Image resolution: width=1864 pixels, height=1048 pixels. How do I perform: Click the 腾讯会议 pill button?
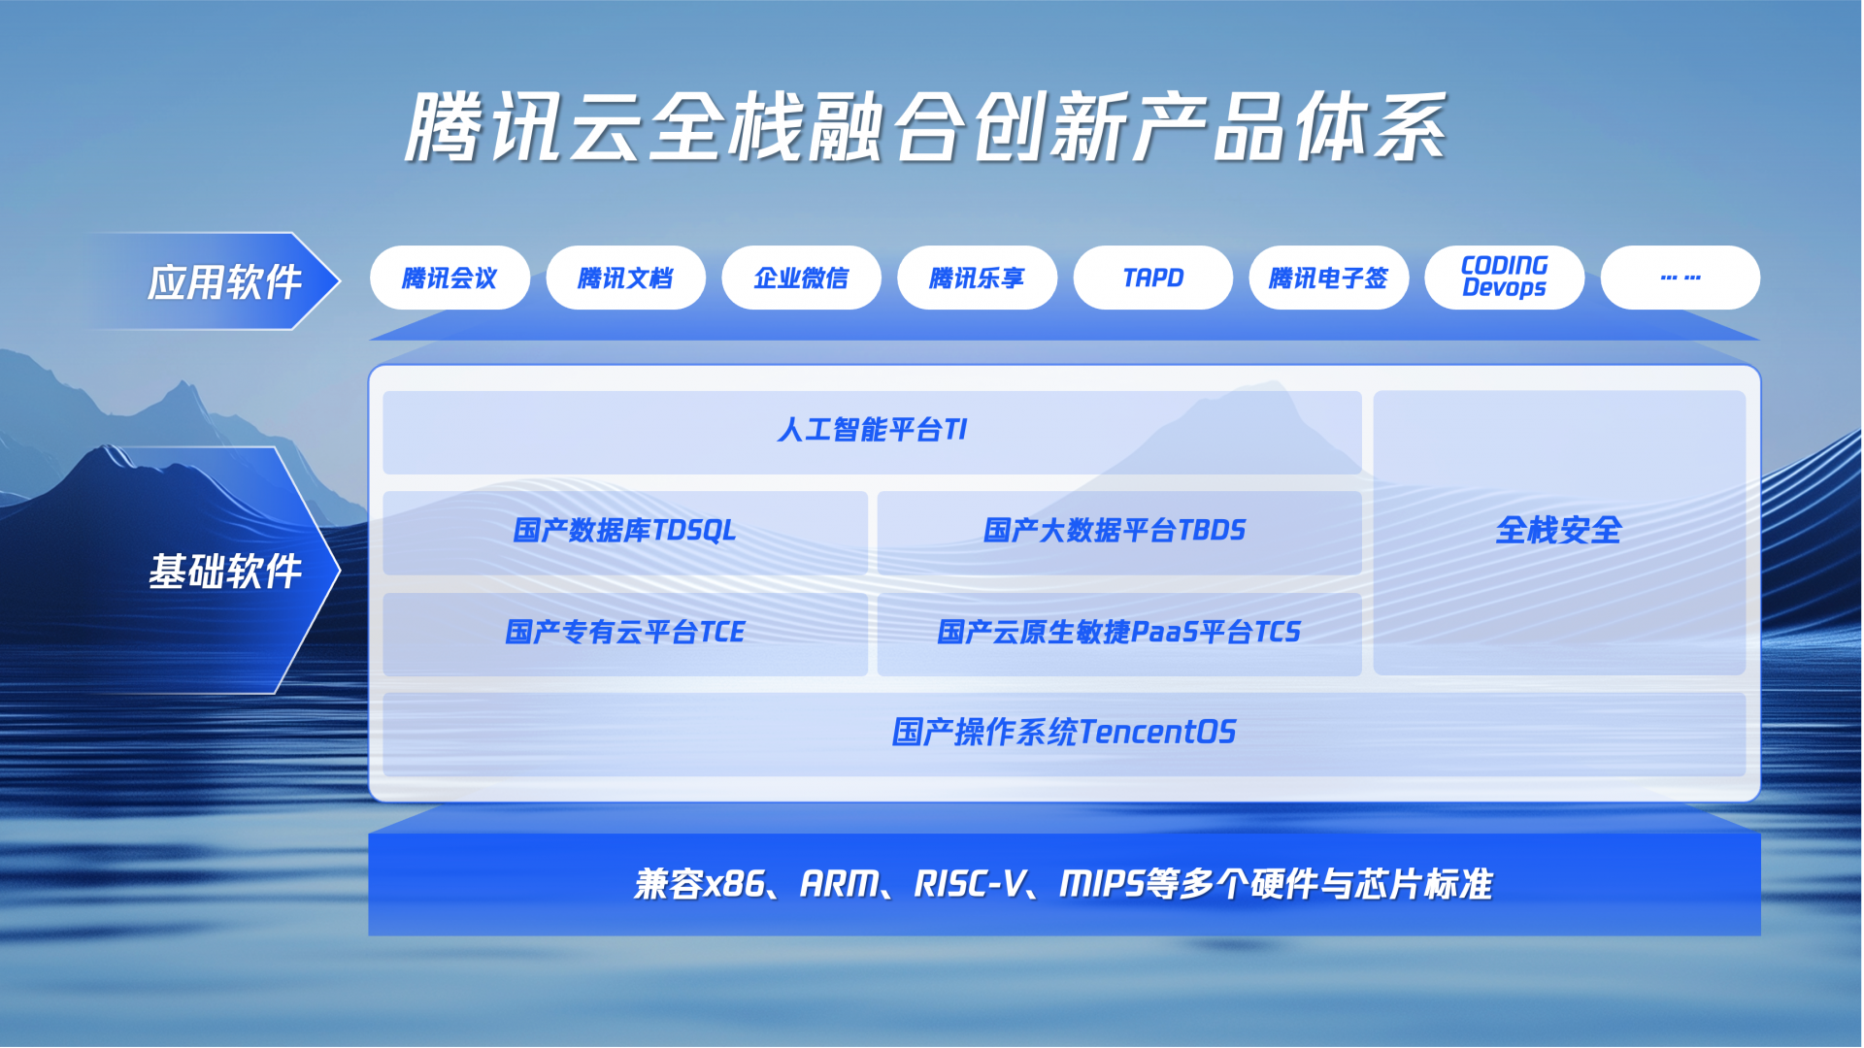(x=449, y=278)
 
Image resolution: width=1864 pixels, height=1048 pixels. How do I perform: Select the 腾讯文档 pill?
(x=625, y=278)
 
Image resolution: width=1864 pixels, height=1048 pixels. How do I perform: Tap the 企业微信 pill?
(x=801, y=278)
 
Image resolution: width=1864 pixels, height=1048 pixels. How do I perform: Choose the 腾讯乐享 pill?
(x=977, y=278)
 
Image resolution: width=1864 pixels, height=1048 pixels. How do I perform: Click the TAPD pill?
(x=1152, y=278)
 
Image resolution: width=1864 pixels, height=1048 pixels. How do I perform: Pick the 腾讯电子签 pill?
(x=1328, y=278)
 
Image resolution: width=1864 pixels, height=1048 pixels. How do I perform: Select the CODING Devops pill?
(x=1504, y=278)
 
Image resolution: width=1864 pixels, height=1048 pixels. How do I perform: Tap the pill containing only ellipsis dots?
(x=1680, y=278)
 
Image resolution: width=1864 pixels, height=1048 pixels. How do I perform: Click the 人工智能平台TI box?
(x=872, y=432)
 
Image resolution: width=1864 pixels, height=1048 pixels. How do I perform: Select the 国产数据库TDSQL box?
(x=625, y=533)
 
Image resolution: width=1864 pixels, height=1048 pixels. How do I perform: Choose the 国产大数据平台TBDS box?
(x=1119, y=533)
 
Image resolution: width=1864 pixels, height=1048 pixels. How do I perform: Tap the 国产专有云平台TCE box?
(x=625, y=634)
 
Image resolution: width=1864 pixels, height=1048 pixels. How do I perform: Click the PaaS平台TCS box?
(x=1119, y=634)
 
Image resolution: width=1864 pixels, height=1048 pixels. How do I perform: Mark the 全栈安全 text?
(x=1558, y=531)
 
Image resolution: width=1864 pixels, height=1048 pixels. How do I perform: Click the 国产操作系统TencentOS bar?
(x=1064, y=734)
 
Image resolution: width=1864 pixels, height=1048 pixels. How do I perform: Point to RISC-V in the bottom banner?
(x=969, y=884)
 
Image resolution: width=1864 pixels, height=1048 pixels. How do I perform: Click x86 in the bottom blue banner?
(x=732, y=884)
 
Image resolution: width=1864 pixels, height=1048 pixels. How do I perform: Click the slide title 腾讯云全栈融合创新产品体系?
(x=926, y=127)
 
